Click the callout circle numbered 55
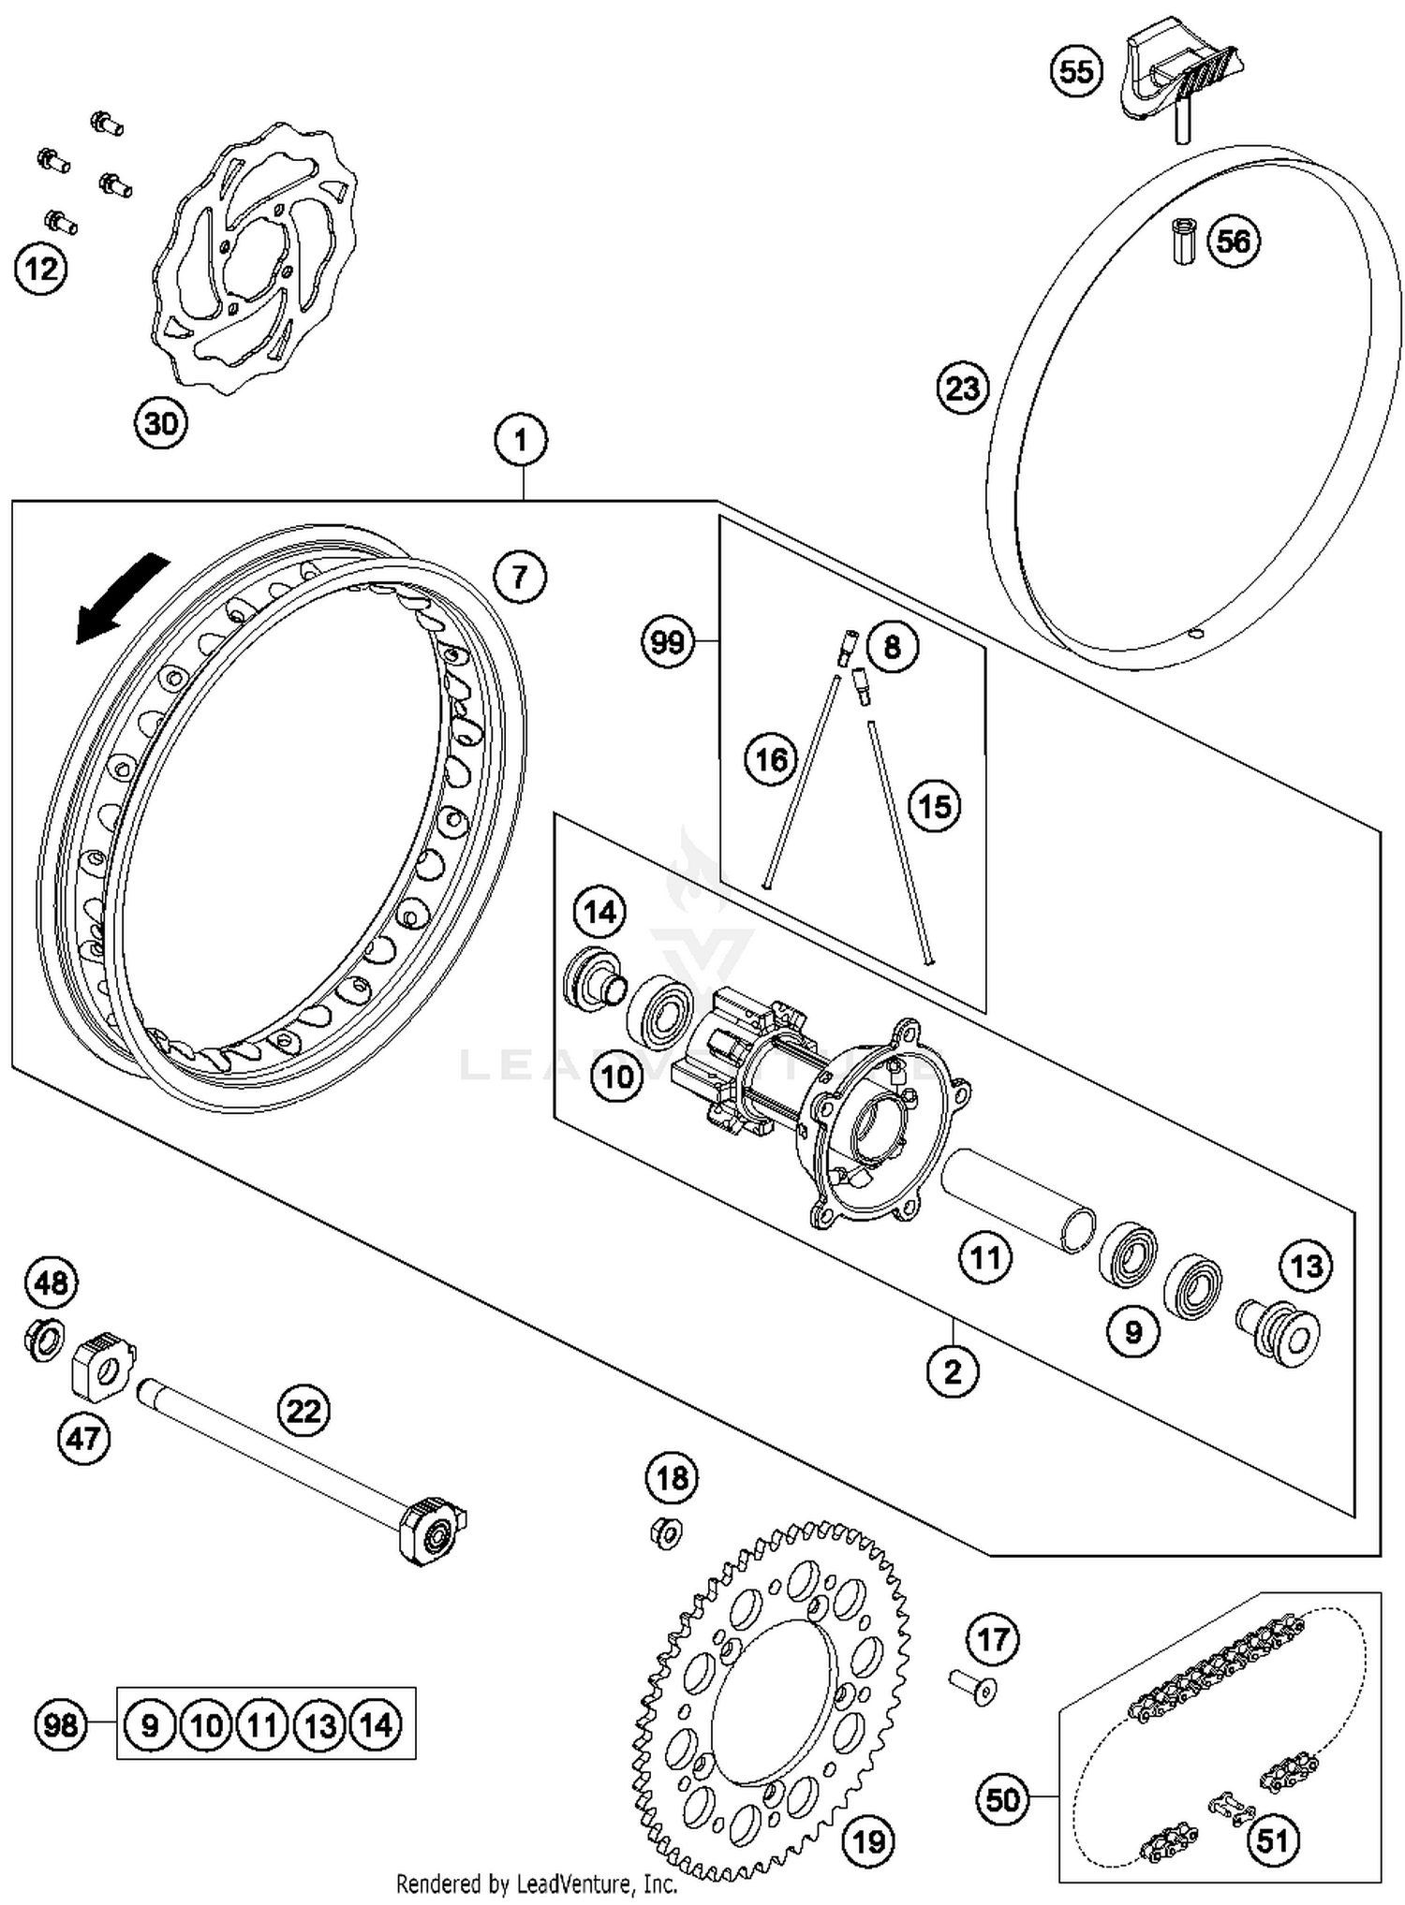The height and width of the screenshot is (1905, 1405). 1076,71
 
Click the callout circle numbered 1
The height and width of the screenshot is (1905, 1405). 521,440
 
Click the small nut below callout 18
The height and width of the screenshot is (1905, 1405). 666,1532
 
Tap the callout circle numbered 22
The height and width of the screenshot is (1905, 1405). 303,1410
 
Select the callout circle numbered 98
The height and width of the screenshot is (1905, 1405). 60,1724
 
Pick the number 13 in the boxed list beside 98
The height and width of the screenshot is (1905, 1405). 319,1724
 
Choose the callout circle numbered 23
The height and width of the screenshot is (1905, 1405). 963,388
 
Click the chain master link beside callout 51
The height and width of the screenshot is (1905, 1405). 1229,1806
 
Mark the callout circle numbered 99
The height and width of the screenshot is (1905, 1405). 667,642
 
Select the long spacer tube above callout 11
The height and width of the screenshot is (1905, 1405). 1019,1201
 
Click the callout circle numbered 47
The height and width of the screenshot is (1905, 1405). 83,1437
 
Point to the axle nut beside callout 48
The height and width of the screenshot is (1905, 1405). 43,1339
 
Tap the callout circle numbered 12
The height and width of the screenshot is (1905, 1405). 41,270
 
